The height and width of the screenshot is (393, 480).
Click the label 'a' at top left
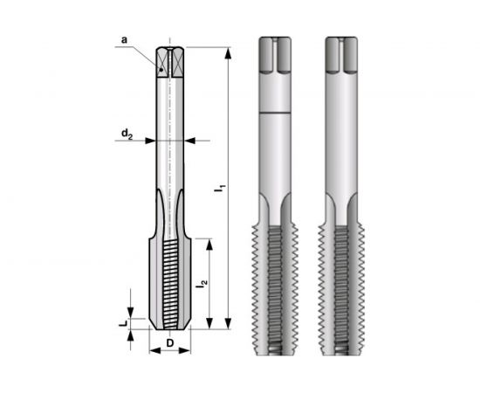(122, 39)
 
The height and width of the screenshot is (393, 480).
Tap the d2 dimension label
(127, 134)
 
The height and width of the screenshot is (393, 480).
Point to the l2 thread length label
(202, 285)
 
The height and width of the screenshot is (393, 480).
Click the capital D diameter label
(170, 342)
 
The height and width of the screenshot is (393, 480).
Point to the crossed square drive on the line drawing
(170, 60)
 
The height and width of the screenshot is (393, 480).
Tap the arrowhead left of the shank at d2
(150, 140)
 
